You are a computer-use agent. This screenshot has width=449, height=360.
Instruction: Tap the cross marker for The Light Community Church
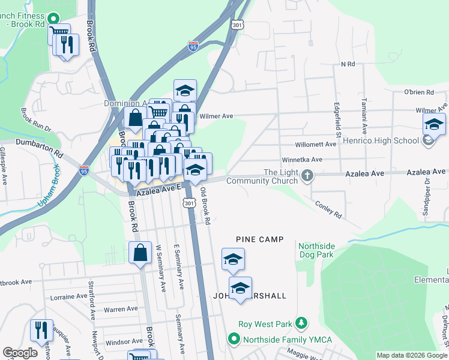click(x=307, y=176)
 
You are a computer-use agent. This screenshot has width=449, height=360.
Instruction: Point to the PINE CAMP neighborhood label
click(x=259, y=239)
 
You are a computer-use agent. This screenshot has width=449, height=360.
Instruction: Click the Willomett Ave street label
click(x=316, y=145)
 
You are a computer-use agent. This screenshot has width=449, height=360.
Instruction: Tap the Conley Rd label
click(x=328, y=209)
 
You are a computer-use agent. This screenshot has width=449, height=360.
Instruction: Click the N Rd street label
click(x=348, y=64)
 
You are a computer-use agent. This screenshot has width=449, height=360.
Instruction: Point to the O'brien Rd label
click(x=418, y=92)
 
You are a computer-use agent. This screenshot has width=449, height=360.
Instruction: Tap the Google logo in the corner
click(x=20, y=353)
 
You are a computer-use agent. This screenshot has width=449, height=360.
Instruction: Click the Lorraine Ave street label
click(x=70, y=296)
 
